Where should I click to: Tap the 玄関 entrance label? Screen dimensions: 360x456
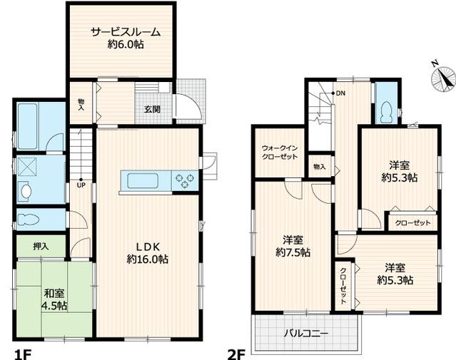click(152, 109)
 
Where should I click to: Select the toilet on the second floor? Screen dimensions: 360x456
click(387, 111)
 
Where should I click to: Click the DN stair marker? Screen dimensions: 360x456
click(340, 93)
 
